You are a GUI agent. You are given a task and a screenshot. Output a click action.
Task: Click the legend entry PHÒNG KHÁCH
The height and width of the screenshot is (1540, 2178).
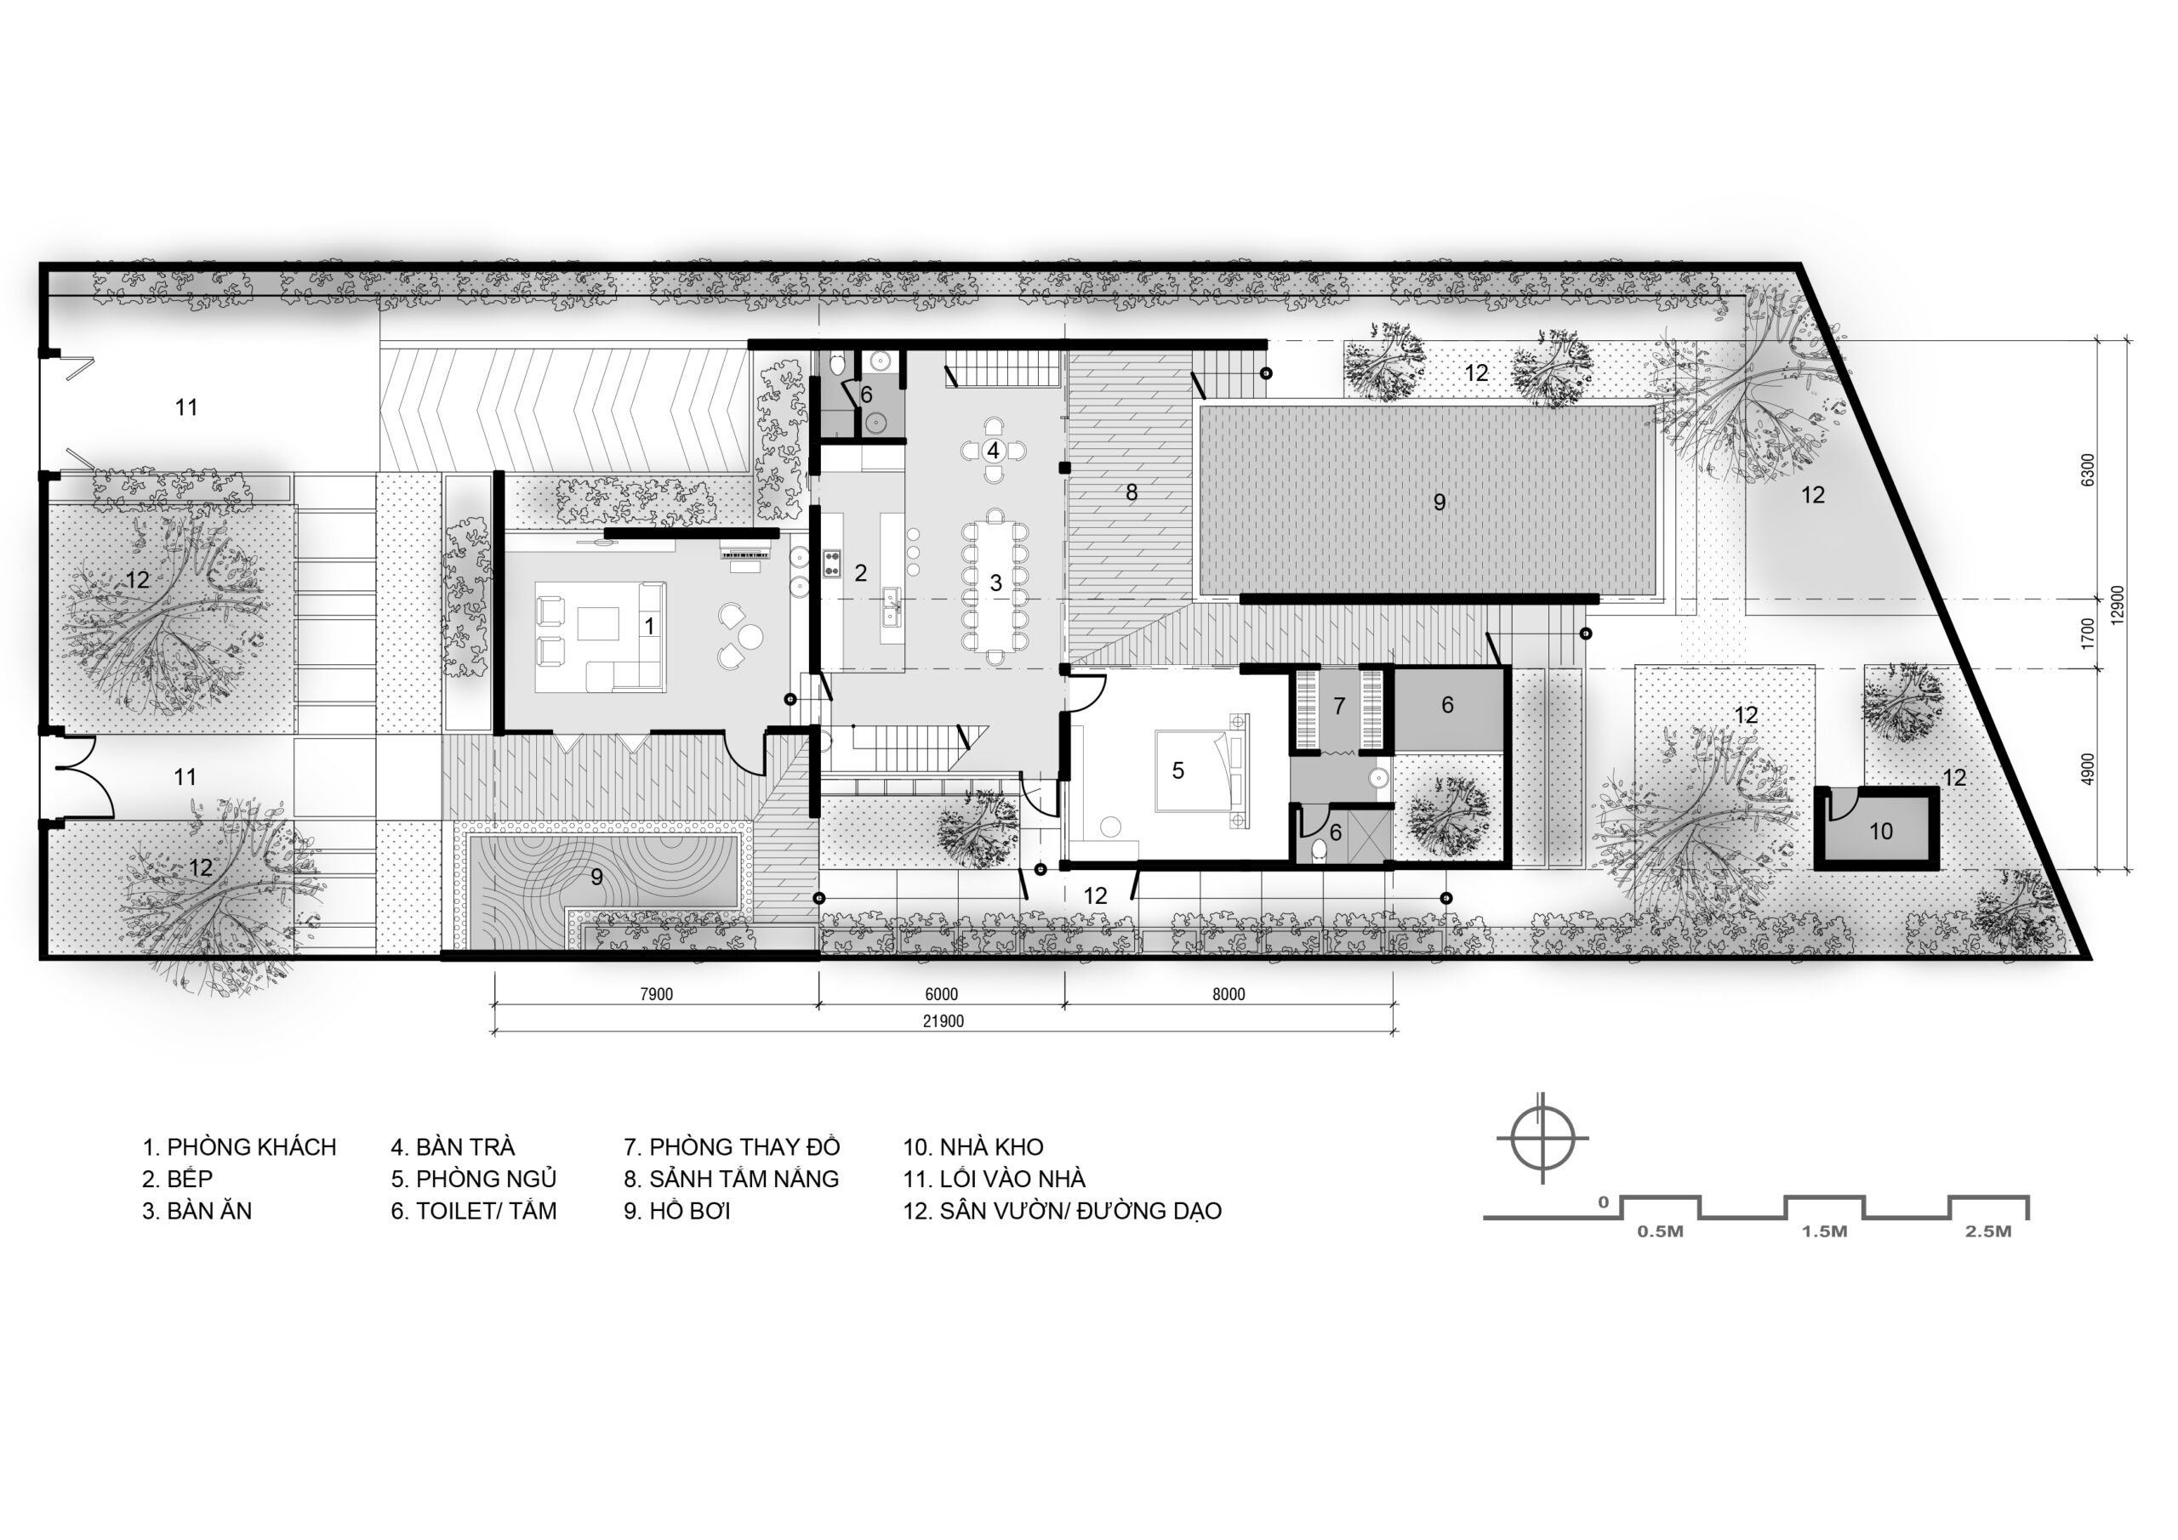click(251, 1147)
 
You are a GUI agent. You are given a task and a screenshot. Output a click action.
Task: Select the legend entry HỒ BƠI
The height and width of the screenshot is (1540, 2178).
click(690, 1211)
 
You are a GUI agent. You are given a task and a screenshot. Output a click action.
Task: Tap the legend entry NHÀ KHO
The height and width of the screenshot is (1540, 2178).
click(991, 1147)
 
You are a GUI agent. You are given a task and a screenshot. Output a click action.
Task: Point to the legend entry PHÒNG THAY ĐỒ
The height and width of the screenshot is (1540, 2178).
click(744, 1147)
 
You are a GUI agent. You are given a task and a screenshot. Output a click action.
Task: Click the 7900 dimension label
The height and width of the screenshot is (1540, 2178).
click(657, 995)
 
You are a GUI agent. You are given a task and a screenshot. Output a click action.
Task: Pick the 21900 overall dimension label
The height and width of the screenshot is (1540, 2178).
click(943, 1021)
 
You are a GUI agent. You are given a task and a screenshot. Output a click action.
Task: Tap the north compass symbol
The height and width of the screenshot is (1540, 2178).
click(1542, 1138)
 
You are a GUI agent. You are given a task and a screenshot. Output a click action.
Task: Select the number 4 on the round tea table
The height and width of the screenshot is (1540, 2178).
click(993, 450)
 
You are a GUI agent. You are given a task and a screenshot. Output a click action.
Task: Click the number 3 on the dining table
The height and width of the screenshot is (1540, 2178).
click(996, 582)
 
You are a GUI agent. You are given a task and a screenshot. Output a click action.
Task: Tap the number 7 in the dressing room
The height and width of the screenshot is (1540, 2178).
click(1339, 706)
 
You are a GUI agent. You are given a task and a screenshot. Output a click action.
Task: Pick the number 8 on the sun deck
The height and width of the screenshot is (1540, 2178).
click(1132, 492)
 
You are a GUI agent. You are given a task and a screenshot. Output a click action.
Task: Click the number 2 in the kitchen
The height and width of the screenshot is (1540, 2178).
click(860, 573)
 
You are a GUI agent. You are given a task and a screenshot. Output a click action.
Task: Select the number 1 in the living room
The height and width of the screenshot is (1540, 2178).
click(649, 626)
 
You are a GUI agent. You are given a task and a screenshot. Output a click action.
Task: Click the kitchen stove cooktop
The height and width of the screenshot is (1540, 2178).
click(833, 563)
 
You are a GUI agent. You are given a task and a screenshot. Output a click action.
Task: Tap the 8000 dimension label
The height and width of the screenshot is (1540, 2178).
click(1229, 995)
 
